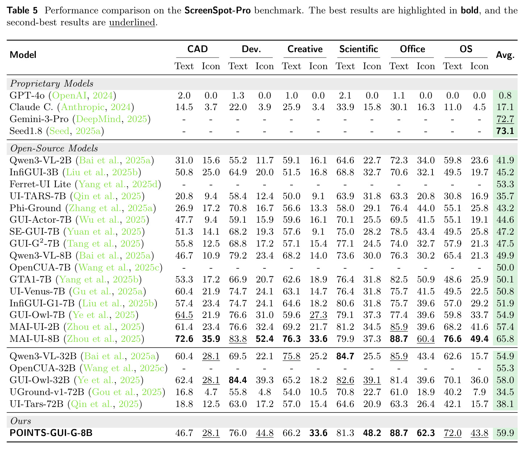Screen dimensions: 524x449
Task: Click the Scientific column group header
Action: point(358,49)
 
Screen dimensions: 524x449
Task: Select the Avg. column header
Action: point(505,55)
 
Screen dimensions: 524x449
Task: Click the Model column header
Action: point(23,55)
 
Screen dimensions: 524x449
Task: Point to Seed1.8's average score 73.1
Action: point(505,131)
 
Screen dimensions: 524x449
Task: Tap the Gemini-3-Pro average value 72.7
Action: point(505,119)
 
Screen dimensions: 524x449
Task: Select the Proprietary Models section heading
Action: point(52,84)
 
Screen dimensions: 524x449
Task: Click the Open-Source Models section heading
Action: point(54,148)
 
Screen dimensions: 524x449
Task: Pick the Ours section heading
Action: point(21,421)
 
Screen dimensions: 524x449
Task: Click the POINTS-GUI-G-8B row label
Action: point(51,433)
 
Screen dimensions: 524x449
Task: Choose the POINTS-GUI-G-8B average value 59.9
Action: point(505,433)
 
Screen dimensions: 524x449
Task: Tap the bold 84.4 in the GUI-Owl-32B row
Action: point(238,380)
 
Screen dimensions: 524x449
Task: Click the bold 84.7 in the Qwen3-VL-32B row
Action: point(345,356)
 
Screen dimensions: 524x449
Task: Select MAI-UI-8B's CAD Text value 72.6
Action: point(184,339)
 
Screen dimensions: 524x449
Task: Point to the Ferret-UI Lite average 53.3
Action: point(505,184)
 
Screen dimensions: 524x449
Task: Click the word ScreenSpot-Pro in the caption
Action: point(218,11)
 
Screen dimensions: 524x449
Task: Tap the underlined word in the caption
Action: point(132,22)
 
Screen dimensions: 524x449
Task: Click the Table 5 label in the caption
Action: point(22,11)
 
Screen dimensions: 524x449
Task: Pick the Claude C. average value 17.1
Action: point(505,107)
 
